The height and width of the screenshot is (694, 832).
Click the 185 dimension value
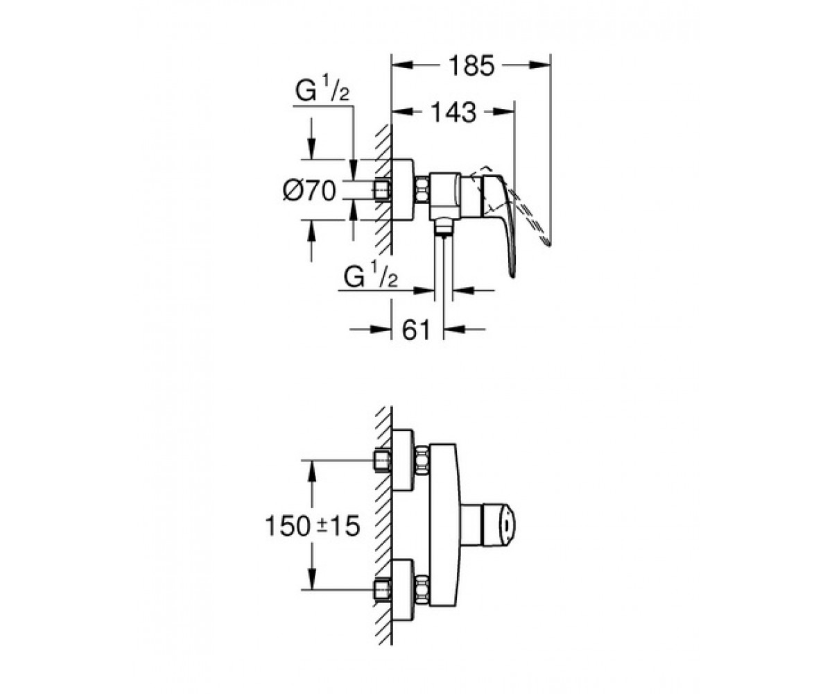coord(471,66)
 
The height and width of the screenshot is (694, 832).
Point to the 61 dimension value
coord(417,330)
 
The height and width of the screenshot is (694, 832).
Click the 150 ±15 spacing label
coord(313,525)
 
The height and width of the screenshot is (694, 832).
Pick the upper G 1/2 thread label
coord(322,92)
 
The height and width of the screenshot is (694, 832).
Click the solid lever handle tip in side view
coord(513,276)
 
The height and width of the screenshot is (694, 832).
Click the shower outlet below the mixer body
coord(444,228)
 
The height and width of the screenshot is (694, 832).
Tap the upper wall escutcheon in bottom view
coord(404,461)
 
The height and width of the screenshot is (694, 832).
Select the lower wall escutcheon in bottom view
coord(404,589)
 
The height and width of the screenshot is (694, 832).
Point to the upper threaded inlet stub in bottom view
coord(383,461)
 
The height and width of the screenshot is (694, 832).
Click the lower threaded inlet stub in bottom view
coord(383,589)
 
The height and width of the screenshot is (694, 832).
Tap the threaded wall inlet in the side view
coord(383,190)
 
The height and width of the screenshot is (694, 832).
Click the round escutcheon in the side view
coord(404,189)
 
